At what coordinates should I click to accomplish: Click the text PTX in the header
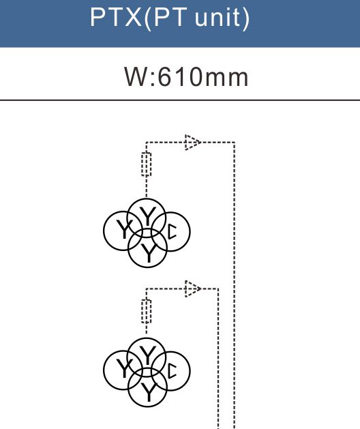(x=116, y=17)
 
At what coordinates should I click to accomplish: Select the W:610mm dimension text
(x=186, y=77)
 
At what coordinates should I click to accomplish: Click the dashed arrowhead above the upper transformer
(x=193, y=143)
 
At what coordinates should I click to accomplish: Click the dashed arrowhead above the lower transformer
(x=193, y=289)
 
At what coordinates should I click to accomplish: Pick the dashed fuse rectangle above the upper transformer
(x=147, y=164)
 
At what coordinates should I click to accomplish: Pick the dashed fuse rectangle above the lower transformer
(x=147, y=312)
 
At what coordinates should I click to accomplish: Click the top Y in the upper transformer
(x=147, y=216)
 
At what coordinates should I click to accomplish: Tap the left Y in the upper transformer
(x=124, y=228)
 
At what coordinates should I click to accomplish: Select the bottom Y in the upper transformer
(x=149, y=253)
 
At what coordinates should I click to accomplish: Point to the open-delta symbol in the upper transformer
(x=172, y=232)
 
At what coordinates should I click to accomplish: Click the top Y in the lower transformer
(x=147, y=355)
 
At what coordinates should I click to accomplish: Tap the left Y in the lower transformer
(x=124, y=368)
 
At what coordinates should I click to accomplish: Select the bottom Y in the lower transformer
(x=149, y=392)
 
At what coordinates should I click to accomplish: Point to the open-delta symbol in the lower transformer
(x=172, y=371)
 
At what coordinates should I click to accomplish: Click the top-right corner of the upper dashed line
(x=235, y=143)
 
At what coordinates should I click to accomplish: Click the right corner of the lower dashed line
(x=218, y=289)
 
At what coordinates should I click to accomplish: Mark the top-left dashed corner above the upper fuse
(x=147, y=143)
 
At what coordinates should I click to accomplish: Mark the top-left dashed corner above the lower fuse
(x=147, y=289)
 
